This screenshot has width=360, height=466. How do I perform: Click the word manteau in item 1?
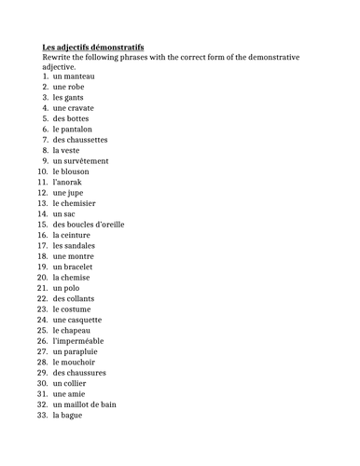pyautogui.click(x=79, y=75)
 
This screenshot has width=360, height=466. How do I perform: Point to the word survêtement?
pyautogui.click(x=88, y=161)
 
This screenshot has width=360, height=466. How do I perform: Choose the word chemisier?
pyautogui.click(x=79, y=203)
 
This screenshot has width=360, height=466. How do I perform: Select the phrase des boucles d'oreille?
pyautogui.click(x=89, y=225)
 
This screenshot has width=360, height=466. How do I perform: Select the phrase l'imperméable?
pyautogui.click(x=78, y=341)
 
